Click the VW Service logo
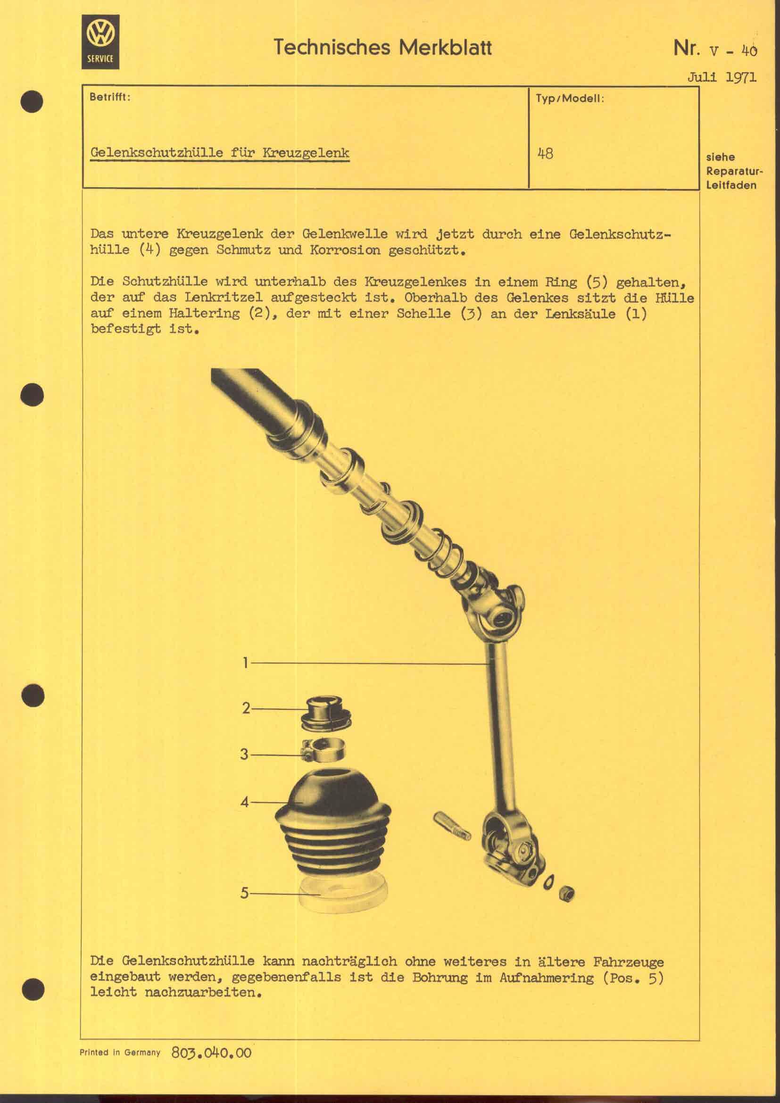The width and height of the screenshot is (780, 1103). point(100,42)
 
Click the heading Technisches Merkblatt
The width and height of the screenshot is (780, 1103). point(383,48)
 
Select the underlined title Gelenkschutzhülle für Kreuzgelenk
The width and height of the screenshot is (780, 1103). point(220,153)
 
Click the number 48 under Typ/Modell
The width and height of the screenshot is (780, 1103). point(545,154)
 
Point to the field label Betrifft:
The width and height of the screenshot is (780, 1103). point(110,97)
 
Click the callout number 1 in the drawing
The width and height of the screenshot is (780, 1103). point(245,663)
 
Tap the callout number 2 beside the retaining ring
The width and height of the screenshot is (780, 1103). point(246,709)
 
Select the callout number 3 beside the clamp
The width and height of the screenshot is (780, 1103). point(245,754)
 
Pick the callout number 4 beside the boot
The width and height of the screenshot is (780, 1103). point(245,802)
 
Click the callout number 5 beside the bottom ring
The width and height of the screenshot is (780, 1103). point(245,893)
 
